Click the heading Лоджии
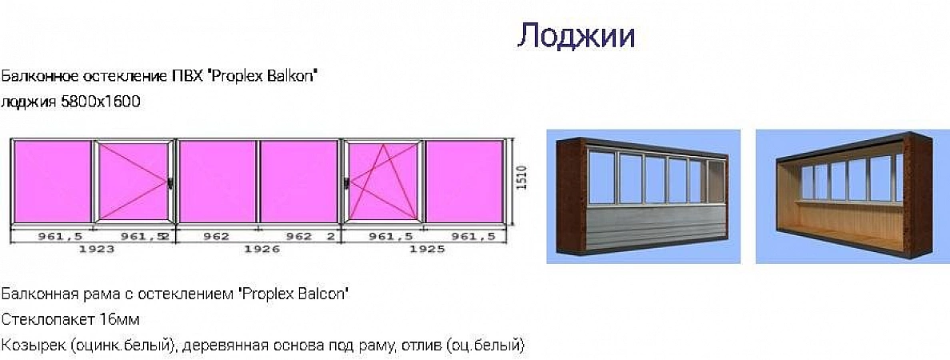(576, 36)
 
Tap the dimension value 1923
(94, 250)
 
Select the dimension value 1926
(261, 250)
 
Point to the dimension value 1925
(427, 250)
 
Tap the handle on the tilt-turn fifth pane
(347, 182)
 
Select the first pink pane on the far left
(52, 182)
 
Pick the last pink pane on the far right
(465, 182)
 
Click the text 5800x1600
(102, 102)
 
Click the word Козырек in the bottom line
(34, 346)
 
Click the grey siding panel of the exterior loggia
(657, 225)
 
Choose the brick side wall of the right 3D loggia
(917, 194)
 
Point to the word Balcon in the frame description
(326, 294)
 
